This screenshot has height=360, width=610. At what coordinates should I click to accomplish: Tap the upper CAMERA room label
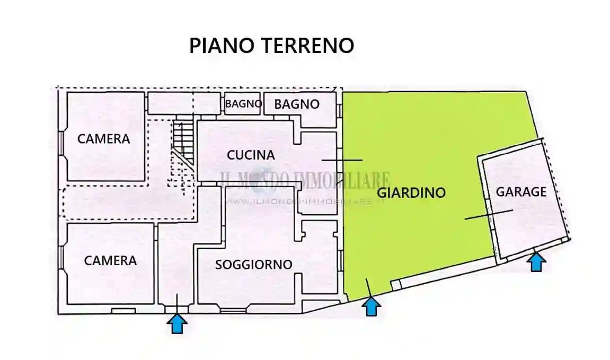(103, 139)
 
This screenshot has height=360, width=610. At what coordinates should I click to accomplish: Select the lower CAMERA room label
(110, 261)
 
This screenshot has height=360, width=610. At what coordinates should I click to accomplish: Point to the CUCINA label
(251, 155)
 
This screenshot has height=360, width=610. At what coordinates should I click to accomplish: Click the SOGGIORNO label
(253, 264)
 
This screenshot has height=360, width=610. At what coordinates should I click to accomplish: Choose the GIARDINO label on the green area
(411, 192)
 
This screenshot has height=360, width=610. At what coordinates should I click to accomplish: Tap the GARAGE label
(520, 192)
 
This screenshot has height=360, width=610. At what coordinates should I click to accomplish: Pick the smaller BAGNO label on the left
(243, 104)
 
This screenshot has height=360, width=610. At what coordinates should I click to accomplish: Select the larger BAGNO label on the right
(297, 104)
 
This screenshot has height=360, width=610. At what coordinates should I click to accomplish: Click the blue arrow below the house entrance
(177, 323)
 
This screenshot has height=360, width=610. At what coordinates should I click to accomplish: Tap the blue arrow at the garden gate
(371, 306)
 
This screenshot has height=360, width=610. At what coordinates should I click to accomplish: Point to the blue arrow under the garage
(536, 262)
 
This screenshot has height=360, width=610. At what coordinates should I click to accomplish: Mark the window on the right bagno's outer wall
(339, 110)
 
